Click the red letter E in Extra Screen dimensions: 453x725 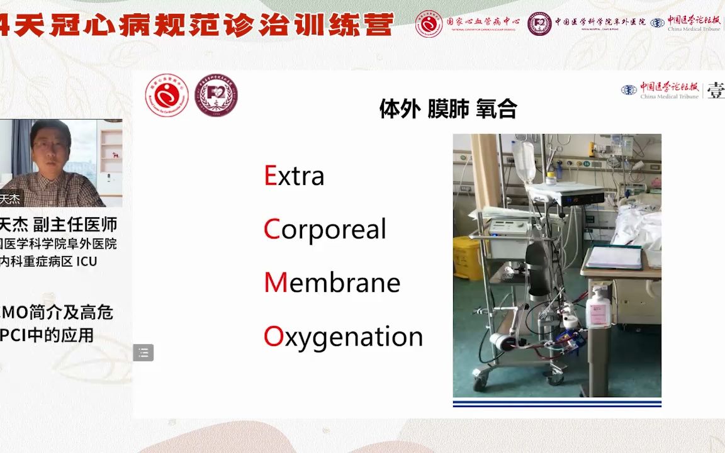tap(270, 176)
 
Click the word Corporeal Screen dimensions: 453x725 tap(325, 230)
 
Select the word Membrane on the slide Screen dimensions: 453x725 tap(332, 283)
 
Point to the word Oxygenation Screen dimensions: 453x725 tap(343, 337)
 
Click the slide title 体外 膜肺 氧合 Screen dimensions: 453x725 tap(447, 109)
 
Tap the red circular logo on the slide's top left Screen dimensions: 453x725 tap(167, 96)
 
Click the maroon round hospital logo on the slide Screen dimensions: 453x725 tap(216, 96)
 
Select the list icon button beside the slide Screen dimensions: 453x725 tap(143, 353)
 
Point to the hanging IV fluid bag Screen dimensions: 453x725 tap(524, 161)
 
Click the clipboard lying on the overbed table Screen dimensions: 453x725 tap(614, 257)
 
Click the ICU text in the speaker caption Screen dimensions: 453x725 tap(87, 261)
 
